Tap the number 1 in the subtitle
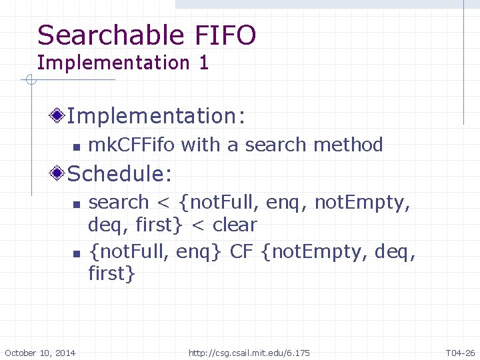pos(203,63)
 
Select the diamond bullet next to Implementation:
pos(59,116)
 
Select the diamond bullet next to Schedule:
pos(59,174)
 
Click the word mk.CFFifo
pos(132,145)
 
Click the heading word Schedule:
pos(120,174)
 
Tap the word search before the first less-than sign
pos(119,202)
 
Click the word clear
pos(235,225)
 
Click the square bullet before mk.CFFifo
pos(77,146)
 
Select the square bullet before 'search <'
pos(77,203)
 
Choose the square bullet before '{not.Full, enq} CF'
pos(77,253)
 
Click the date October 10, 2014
pos(40,352)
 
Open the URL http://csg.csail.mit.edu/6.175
pos(249,352)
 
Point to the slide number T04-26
pos(461,352)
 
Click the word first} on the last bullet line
pos(111,273)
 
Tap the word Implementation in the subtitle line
pos(113,63)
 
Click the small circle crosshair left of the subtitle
pos(29,81)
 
